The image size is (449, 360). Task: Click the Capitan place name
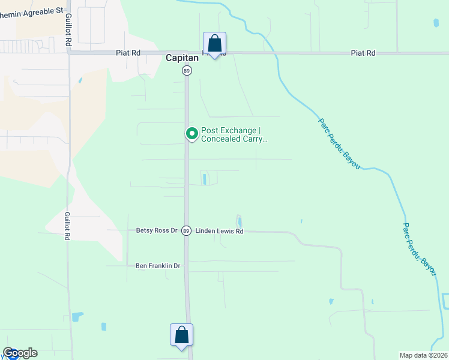click(180, 58)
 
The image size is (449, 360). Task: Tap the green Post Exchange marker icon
click(192, 133)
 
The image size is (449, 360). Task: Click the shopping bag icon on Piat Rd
click(214, 44)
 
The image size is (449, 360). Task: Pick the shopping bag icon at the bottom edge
click(181, 335)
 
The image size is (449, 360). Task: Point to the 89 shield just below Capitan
click(187, 71)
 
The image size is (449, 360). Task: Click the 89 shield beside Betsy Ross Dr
click(187, 231)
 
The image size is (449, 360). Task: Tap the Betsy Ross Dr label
click(157, 230)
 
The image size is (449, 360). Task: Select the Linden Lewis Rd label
click(219, 231)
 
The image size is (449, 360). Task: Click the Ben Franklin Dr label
click(158, 265)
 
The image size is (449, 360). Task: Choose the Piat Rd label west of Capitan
click(128, 53)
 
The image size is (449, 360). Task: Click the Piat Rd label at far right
click(363, 53)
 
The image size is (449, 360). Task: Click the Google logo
click(20, 353)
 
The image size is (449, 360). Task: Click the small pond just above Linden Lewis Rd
click(239, 221)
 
